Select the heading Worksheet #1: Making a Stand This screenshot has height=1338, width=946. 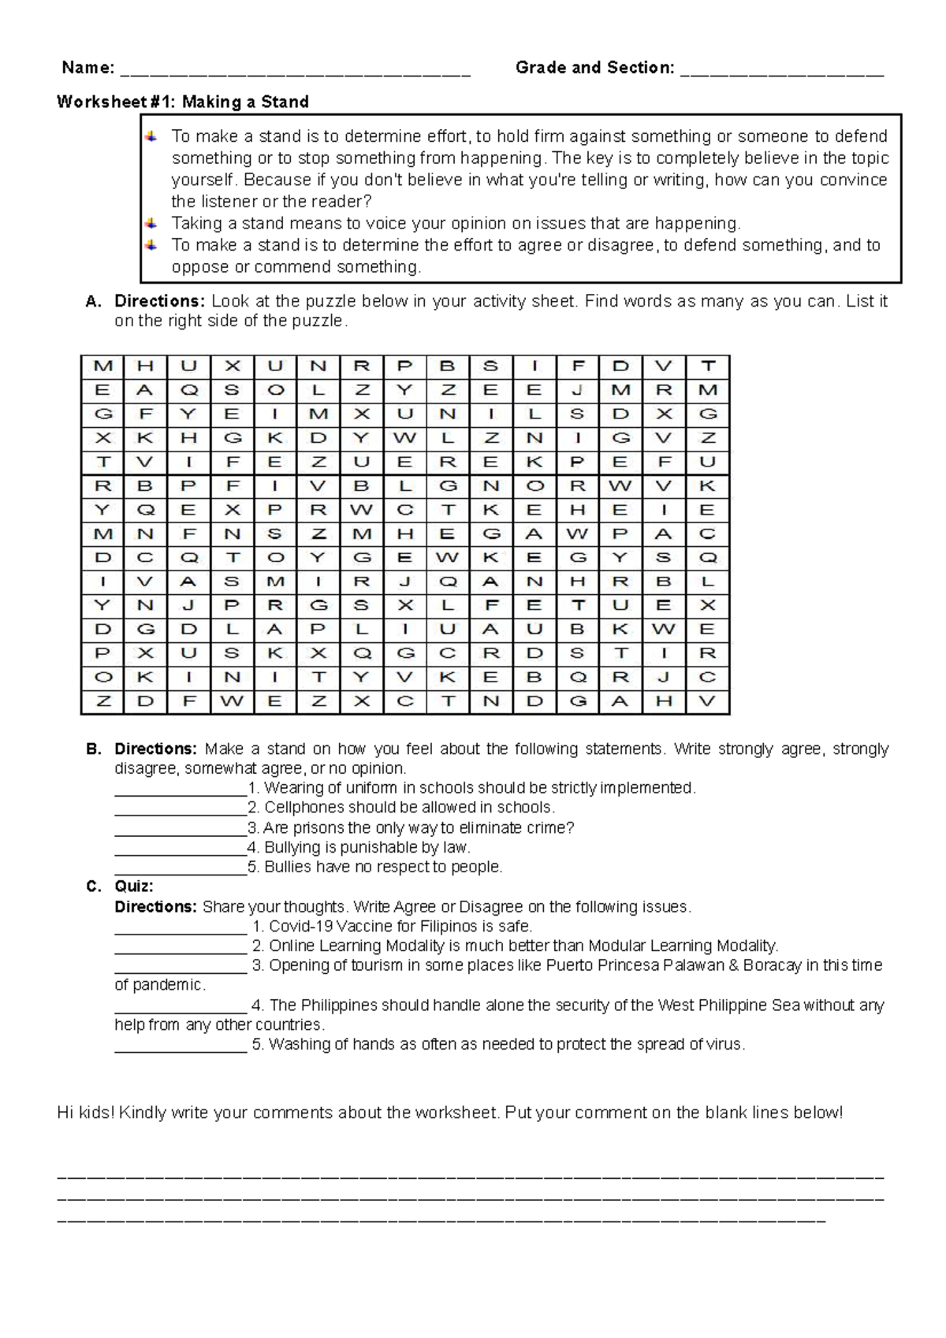182,102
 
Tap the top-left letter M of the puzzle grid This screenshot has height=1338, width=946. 103,366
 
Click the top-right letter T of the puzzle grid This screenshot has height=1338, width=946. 708,366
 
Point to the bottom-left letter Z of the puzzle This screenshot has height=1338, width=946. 103,701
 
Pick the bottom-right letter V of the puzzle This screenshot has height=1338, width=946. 707,701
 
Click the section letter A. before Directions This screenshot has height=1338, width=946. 93,301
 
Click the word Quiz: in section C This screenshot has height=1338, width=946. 134,886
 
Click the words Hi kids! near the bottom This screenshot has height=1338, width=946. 86,1113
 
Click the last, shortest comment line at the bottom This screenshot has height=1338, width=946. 441,1221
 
